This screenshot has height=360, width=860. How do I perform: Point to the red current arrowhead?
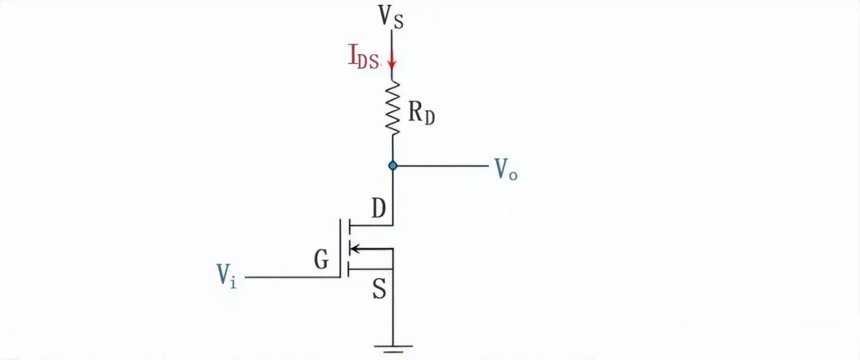point(391,62)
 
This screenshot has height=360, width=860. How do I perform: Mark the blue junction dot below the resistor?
point(392,165)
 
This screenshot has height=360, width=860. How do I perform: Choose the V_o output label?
point(506,168)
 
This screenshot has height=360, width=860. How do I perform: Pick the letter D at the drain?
point(380,209)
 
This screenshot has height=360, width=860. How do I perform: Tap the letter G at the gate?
point(322,260)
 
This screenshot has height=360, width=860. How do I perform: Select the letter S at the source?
point(380,290)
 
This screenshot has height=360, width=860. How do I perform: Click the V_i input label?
point(226,276)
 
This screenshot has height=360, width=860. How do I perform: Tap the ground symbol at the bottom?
point(392,348)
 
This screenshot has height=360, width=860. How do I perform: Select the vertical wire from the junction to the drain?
point(392,195)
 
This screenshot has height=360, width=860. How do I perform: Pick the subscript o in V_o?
point(512,174)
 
